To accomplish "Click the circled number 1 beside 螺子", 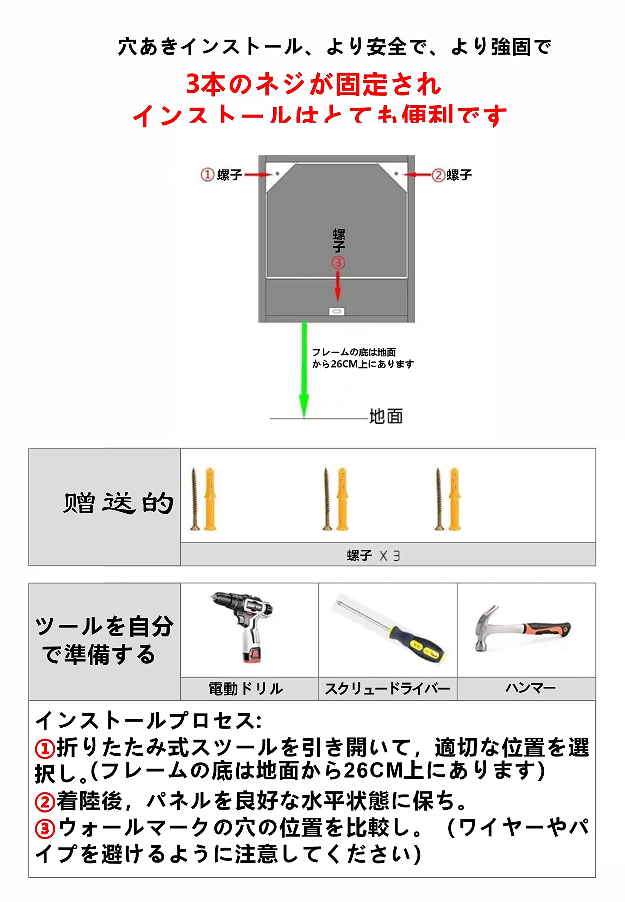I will click(207, 174).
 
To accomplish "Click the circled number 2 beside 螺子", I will click(438, 175).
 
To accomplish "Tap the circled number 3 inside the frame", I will click(338, 262).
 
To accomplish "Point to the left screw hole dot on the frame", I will click(277, 174).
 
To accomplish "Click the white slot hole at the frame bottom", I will click(337, 311).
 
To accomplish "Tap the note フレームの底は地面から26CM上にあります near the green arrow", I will click(362, 358).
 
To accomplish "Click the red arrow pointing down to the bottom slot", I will click(338, 286).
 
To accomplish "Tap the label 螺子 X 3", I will click(373, 556).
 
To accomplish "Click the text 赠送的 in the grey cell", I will click(118, 503).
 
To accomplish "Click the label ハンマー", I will click(530, 688).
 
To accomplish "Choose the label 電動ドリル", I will click(245, 688).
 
